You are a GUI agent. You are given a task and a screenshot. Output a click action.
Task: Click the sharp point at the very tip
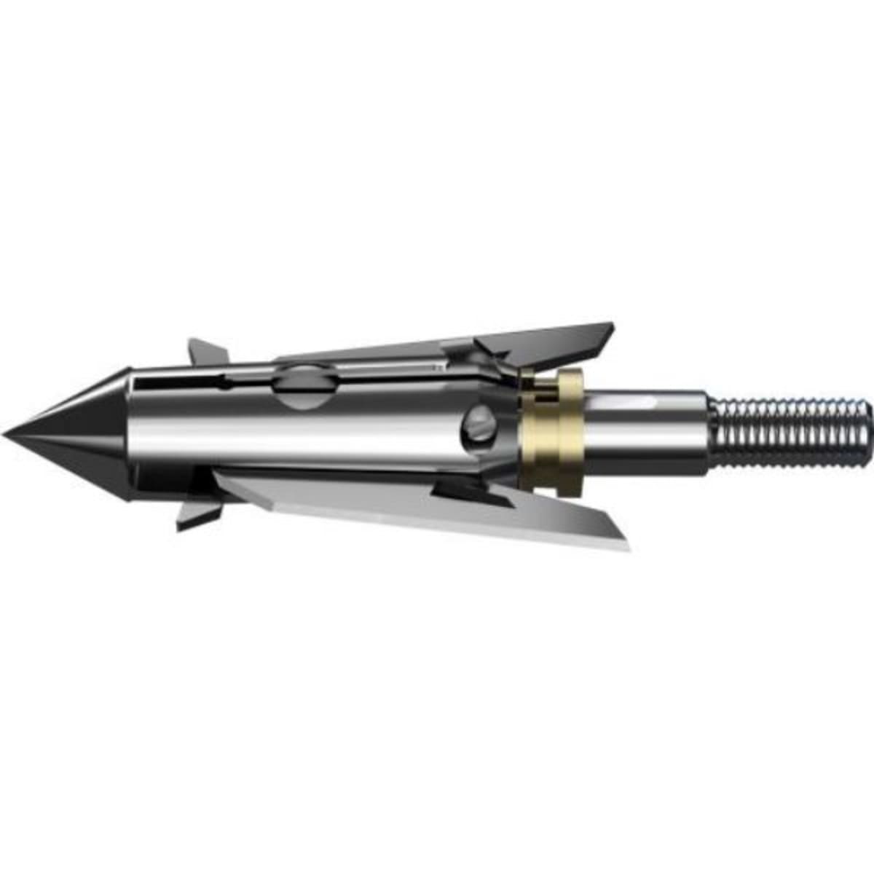[4, 434]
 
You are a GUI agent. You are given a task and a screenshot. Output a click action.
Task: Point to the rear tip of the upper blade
[610, 326]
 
